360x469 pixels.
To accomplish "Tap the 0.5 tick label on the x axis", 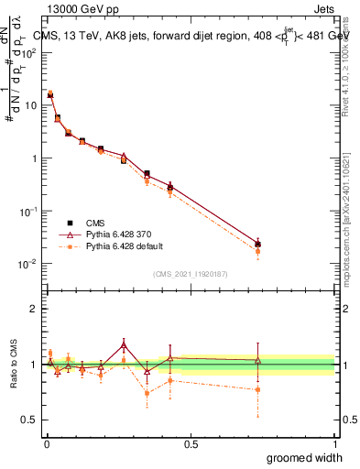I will coord(191,443).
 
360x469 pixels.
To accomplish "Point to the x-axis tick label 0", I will coord(46,443).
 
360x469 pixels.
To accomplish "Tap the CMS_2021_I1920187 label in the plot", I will coord(191,274).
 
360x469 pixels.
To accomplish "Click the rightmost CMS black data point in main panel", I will coord(258,245).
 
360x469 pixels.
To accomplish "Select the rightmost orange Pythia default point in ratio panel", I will coord(258,389).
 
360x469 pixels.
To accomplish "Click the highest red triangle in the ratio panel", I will coord(124,345).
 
